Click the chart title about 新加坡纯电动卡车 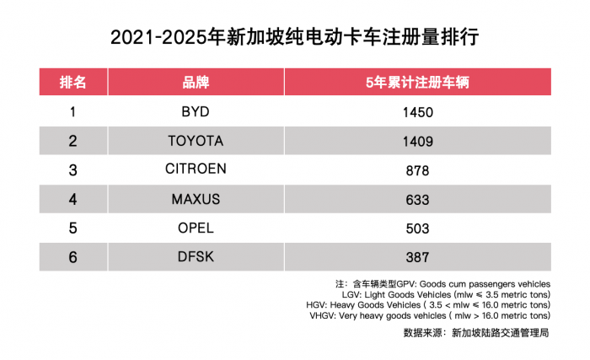(x=295, y=38)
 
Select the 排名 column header (x=72, y=82)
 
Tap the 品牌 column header (x=196, y=82)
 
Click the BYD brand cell (x=196, y=111)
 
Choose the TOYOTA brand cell (x=196, y=140)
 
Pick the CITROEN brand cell (x=196, y=169)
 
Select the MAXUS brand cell (x=196, y=199)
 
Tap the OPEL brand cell (x=196, y=228)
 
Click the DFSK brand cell (x=196, y=257)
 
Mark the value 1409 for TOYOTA (x=417, y=141)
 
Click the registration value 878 (x=417, y=170)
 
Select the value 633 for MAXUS (x=417, y=200)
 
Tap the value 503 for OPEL (x=417, y=228)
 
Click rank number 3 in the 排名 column (x=72, y=169)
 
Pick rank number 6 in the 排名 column (x=72, y=257)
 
